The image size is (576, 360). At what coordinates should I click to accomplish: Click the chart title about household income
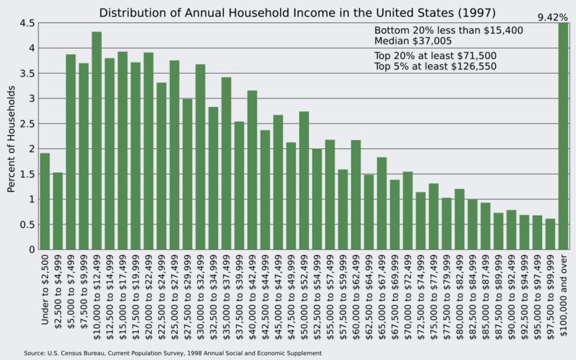point(297,13)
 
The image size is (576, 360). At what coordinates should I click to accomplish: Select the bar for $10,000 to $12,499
point(96,141)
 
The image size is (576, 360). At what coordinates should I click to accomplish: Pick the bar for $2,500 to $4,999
point(58,211)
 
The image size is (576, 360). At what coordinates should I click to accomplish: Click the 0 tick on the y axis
point(31,250)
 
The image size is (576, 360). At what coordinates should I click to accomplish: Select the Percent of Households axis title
point(11,139)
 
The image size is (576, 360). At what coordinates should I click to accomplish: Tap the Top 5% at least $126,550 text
point(435,67)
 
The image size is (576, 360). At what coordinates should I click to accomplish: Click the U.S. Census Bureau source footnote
point(172,353)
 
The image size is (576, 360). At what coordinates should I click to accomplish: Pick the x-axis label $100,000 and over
point(563,295)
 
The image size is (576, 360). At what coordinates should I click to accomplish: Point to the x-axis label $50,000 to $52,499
point(304,296)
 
